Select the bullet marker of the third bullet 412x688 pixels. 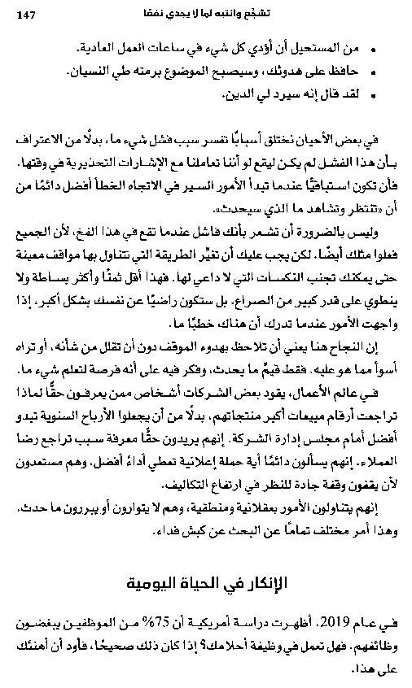(x=375, y=94)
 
